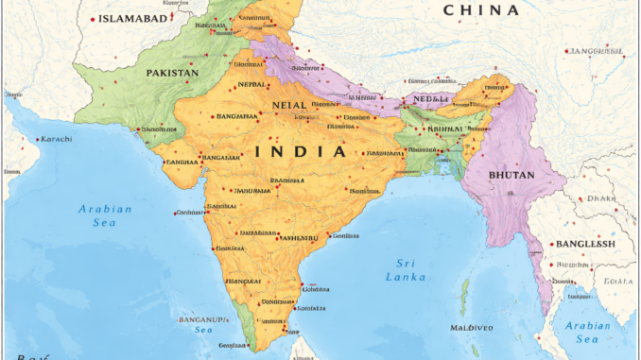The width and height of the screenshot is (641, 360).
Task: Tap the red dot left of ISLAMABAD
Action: [x=92, y=19]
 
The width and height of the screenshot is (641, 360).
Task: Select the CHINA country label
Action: [x=481, y=10]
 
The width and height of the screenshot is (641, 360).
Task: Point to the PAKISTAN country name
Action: [x=172, y=72]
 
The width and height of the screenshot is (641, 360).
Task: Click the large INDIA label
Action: [x=300, y=150]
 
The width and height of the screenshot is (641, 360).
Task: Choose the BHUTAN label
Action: [x=512, y=175]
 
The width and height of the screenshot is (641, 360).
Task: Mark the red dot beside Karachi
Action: [x=40, y=139]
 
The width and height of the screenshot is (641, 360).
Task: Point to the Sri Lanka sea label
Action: [x=407, y=268]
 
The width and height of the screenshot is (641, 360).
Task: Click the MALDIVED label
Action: [x=471, y=327]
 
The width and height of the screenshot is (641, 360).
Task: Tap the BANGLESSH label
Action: [x=585, y=243]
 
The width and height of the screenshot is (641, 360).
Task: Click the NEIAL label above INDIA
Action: [x=288, y=106]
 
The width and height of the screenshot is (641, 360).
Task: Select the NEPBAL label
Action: [x=251, y=83]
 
